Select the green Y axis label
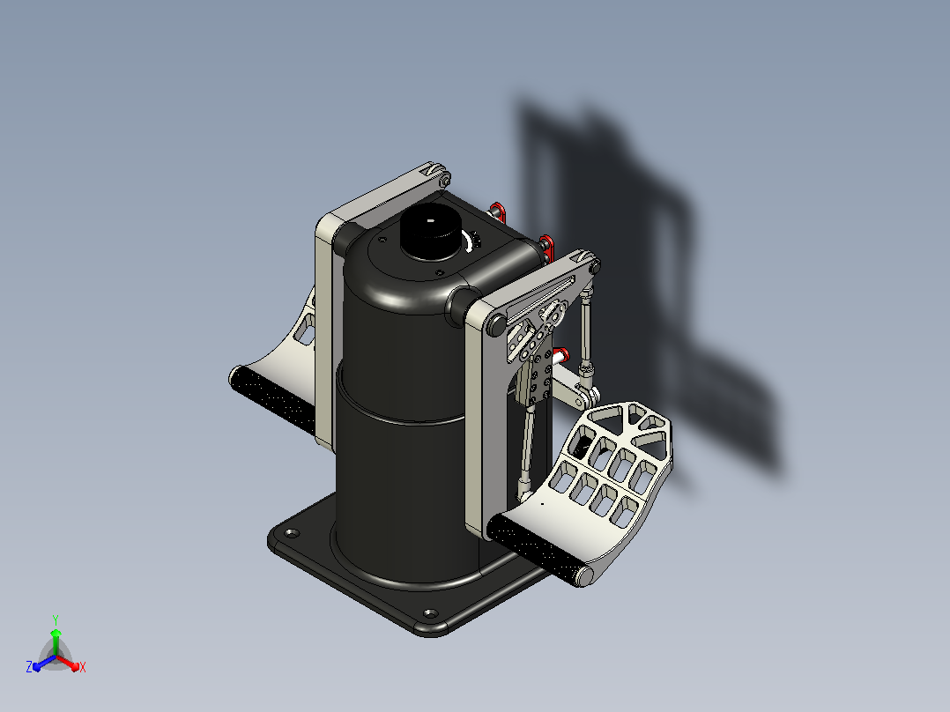point(56,619)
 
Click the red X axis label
point(83,667)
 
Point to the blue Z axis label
point(29,666)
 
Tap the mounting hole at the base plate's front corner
point(429,614)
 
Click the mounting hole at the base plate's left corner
point(292,533)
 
